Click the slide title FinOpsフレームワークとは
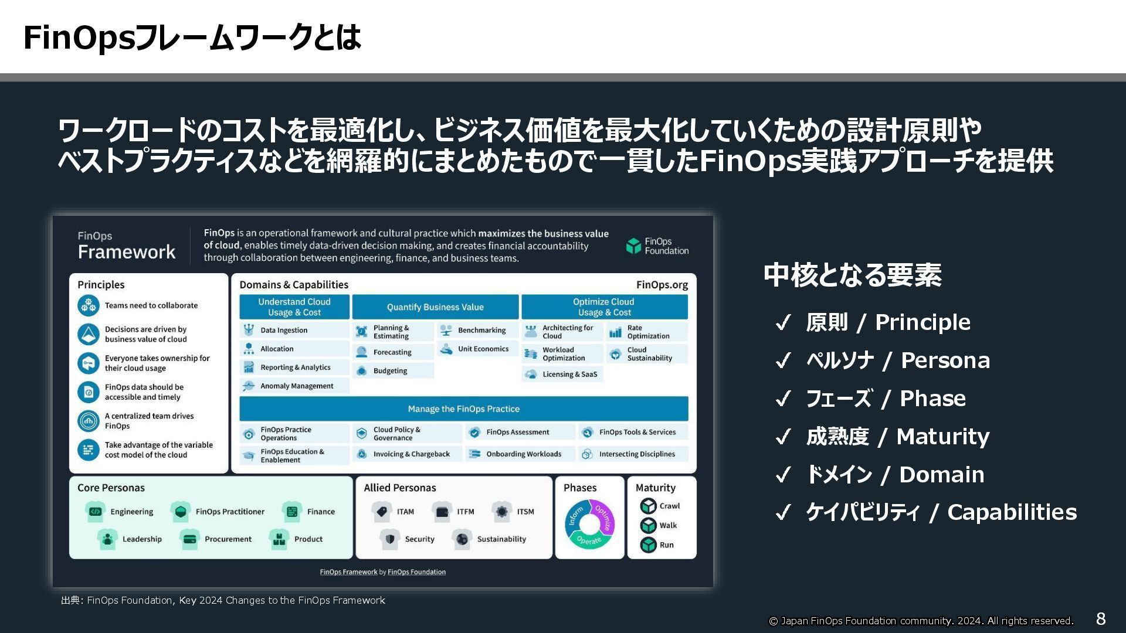coord(192,38)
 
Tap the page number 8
coord(1101,618)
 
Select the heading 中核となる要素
coord(852,275)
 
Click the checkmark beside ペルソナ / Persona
coord(783,360)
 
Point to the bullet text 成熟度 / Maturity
coord(897,437)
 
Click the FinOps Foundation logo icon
coord(633,246)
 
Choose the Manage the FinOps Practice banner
coord(463,409)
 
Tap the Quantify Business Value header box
coord(435,307)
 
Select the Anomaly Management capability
coord(297,386)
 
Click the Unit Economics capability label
coord(483,349)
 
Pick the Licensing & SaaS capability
coord(569,374)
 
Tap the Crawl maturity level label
coord(669,506)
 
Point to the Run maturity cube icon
coord(648,544)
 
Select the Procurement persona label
coord(228,539)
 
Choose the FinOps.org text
coord(662,285)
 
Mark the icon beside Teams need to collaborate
coord(89,305)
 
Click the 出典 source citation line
coord(223,600)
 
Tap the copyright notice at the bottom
coord(921,621)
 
